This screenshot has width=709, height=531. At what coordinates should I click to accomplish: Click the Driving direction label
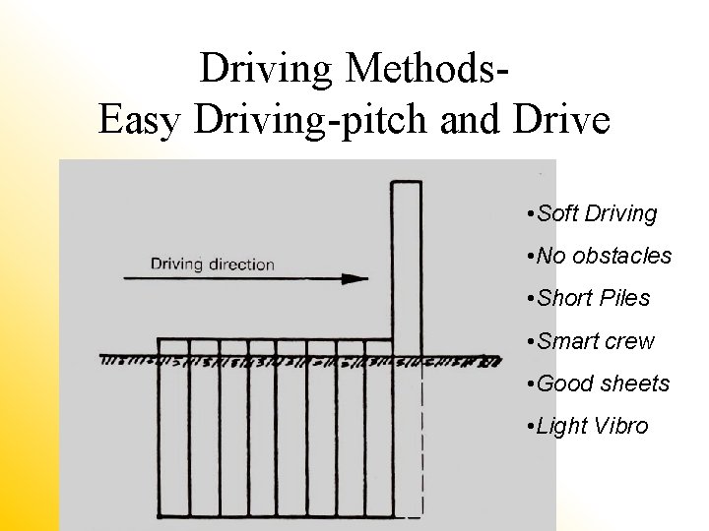coord(212,264)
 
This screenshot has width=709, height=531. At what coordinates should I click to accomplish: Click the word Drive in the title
coord(560,120)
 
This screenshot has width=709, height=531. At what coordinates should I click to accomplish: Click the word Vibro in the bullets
coord(621,426)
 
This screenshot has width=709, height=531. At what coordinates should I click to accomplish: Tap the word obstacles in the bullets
coord(623,256)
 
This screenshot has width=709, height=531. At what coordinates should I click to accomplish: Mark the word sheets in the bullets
coord(634,383)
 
